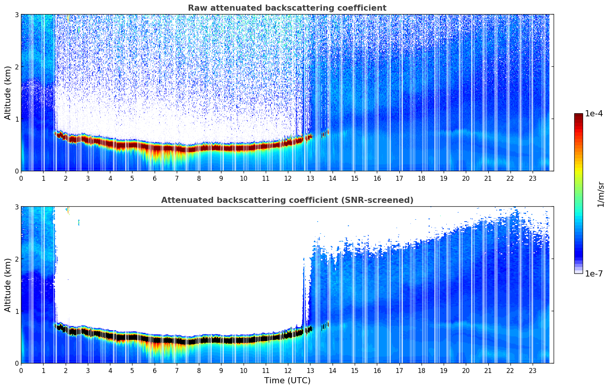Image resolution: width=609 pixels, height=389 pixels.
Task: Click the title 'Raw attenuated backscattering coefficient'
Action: [x=287, y=8]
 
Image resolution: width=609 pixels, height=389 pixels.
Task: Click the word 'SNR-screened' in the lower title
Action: [x=382, y=200]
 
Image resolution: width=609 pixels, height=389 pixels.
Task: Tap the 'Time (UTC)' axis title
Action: [x=287, y=380]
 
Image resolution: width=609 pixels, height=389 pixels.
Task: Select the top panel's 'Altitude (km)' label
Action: [x=8, y=93]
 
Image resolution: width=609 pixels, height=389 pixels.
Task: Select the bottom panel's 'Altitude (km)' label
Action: [x=8, y=285]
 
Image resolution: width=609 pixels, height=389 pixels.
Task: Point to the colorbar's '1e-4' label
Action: [x=594, y=114]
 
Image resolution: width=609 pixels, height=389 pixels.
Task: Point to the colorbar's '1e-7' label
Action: [x=594, y=273]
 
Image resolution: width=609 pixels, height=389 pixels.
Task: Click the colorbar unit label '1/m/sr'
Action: [x=601, y=194]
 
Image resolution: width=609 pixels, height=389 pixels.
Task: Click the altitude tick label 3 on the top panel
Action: [x=16, y=14]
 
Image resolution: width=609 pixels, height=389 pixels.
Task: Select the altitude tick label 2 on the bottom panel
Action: [x=16, y=259]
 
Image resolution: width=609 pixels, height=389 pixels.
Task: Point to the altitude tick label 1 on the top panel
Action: [x=16, y=119]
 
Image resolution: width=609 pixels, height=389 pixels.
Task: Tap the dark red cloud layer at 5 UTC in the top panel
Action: [x=132, y=145]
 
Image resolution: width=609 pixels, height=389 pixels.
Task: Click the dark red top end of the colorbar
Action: [x=578, y=116]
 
